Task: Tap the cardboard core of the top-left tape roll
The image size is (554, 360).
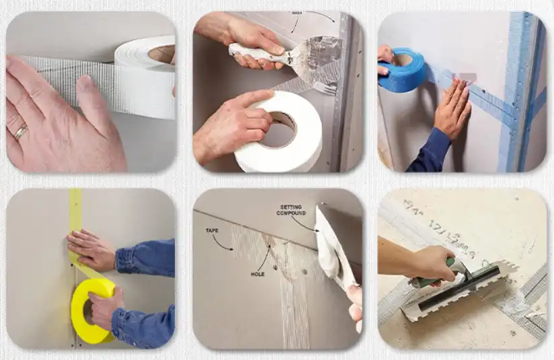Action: click(162, 53)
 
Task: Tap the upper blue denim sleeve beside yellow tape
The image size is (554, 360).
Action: click(145, 256)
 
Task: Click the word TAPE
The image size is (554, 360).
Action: click(213, 230)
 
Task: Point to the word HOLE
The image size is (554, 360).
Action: click(258, 275)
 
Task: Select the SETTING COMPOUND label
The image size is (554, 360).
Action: click(290, 210)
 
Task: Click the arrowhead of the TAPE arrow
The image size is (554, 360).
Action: click(233, 250)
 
